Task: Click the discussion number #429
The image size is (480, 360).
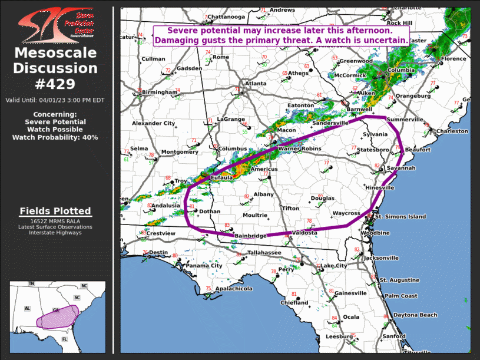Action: (x=56, y=84)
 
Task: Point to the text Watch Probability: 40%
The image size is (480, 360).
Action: (x=55, y=137)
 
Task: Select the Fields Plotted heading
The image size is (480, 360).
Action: (x=55, y=211)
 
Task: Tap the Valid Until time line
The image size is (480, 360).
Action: (x=55, y=100)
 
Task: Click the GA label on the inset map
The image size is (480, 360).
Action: (x=56, y=309)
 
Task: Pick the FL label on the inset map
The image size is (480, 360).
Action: (x=65, y=340)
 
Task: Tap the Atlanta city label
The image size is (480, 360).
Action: (x=256, y=84)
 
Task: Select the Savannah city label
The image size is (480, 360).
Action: (x=402, y=169)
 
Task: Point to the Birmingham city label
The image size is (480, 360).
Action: (x=159, y=93)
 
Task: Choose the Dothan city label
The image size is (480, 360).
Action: (x=209, y=212)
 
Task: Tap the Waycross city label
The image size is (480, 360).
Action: (x=346, y=213)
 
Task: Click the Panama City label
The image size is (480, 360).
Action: (x=204, y=266)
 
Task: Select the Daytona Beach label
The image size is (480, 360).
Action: (x=415, y=315)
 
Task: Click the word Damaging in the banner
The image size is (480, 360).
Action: (x=178, y=40)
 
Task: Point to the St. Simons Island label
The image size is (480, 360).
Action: (x=400, y=217)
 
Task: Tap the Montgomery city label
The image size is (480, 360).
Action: (x=180, y=152)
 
